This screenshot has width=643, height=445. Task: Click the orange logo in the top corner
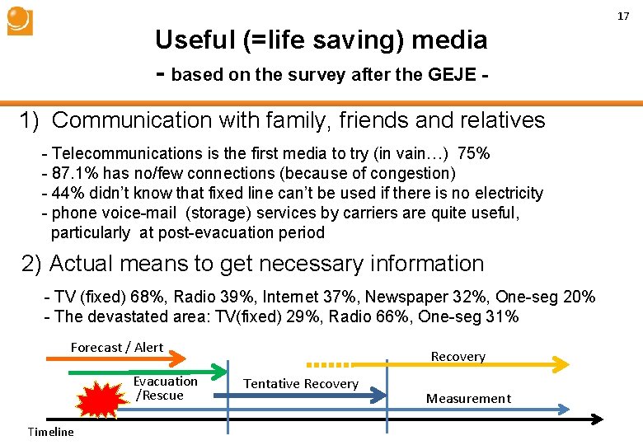tap(19, 21)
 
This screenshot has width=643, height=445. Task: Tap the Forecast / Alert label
tap(117, 347)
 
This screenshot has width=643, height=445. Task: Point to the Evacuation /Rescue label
tap(165, 388)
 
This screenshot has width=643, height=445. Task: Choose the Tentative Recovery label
tap(301, 383)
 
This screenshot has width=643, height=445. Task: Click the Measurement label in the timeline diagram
tap(468, 398)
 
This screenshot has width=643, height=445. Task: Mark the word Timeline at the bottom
tap(50, 432)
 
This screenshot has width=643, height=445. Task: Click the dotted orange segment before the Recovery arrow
tap(329, 363)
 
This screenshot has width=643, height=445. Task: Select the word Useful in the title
tap(193, 40)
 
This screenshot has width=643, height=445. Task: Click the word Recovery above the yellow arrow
tap(458, 356)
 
